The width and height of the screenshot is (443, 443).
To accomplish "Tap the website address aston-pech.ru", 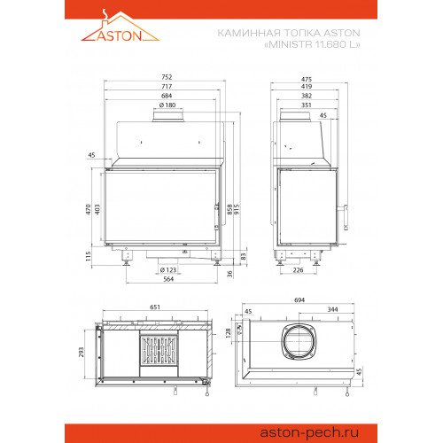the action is (309, 432).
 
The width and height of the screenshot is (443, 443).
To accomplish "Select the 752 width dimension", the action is (167, 77).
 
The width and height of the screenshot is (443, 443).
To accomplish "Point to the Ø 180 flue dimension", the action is (167, 105).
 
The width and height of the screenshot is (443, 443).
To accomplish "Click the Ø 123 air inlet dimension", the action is (168, 270).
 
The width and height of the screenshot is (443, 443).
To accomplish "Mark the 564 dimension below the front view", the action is (168, 279).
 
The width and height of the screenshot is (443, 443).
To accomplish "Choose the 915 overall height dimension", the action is (237, 209).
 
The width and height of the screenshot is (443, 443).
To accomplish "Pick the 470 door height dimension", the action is (88, 209).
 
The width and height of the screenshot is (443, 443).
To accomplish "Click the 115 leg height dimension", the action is (88, 256).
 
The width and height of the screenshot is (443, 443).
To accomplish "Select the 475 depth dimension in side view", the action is (307, 79).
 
